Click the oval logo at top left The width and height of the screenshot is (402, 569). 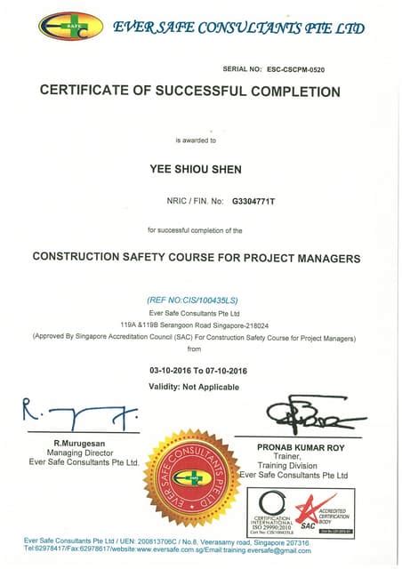pyautogui.click(x=70, y=26)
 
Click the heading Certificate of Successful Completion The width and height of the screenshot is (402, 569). pyautogui.click(x=190, y=91)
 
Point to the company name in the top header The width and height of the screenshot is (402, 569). pyautogui.click(x=238, y=28)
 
